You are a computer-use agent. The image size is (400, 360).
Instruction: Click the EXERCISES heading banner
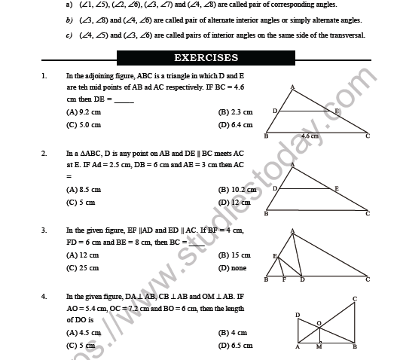tap(206, 57)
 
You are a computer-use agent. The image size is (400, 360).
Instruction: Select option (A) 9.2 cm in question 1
tap(82, 112)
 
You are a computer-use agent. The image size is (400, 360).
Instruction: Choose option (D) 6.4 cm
tap(235, 125)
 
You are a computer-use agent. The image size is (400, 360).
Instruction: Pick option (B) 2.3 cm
tap(235, 112)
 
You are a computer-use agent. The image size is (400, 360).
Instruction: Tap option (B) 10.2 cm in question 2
tap(237, 190)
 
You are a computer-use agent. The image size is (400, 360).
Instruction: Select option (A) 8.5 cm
tap(83, 190)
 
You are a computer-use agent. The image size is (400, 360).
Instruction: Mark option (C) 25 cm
tap(82, 268)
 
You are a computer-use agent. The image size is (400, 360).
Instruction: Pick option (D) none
tap(232, 268)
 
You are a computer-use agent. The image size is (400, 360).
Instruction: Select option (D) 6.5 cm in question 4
tap(235, 345)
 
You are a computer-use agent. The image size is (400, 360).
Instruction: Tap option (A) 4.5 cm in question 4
tap(83, 332)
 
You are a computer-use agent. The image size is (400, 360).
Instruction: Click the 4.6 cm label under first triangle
tap(310, 136)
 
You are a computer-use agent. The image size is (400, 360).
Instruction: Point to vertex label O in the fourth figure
tap(319, 322)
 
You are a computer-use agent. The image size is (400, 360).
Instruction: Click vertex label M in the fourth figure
tap(319, 349)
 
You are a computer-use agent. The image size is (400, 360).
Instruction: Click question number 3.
tap(44, 230)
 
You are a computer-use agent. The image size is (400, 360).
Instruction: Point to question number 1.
tap(44, 76)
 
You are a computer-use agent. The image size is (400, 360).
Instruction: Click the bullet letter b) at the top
tap(69, 20)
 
